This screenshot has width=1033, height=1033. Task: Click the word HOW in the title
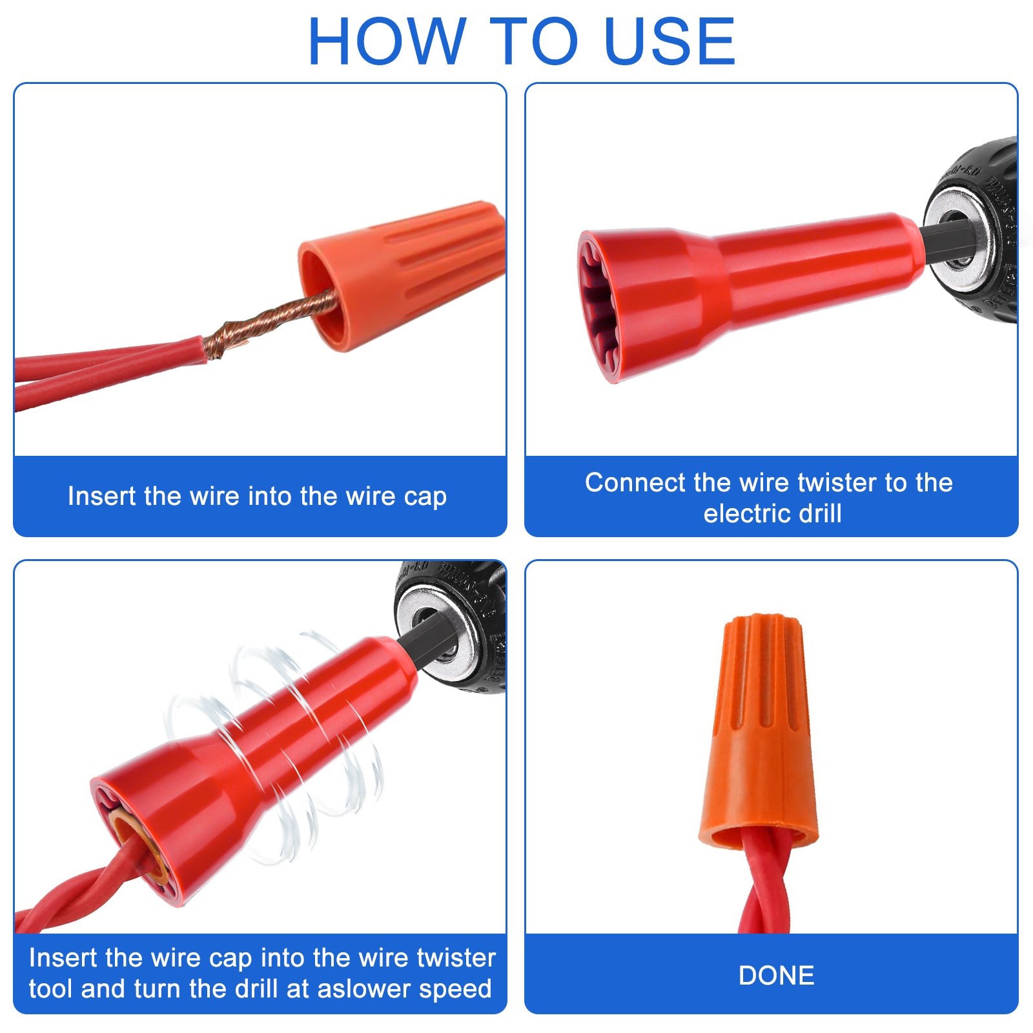pyautogui.click(x=387, y=41)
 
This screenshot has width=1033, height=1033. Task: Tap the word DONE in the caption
pyautogui.click(x=776, y=976)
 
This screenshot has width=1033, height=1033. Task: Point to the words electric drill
pyautogui.click(x=772, y=514)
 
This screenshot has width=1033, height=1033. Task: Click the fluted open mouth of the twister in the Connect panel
pyautogui.click(x=597, y=307)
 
